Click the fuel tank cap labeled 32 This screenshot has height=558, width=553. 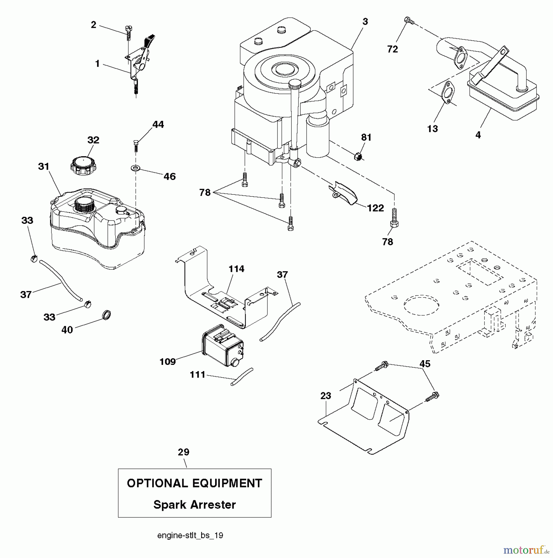(83, 166)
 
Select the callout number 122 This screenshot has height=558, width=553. (375, 208)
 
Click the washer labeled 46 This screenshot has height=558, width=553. (135, 169)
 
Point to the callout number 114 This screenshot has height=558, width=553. (237, 269)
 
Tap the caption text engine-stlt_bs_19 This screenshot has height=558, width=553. (190, 535)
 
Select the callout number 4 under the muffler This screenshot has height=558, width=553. (478, 135)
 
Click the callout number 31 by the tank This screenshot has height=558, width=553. (44, 167)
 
